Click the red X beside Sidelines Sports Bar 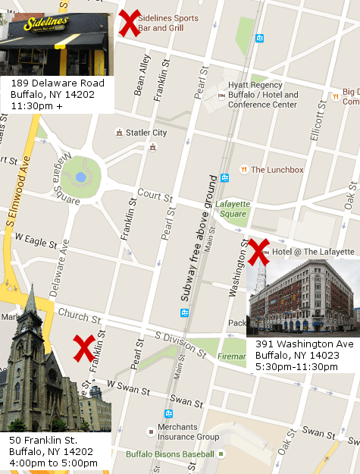[x=130, y=23]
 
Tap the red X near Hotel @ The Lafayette [x=259, y=252]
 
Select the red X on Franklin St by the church [x=83, y=348]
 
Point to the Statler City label [x=146, y=133]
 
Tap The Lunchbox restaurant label [x=277, y=170]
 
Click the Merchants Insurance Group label [x=188, y=432]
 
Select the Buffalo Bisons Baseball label [x=181, y=454]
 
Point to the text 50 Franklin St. [x=43, y=440]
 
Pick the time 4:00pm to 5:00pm [x=50, y=463]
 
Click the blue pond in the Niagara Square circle [x=80, y=177]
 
